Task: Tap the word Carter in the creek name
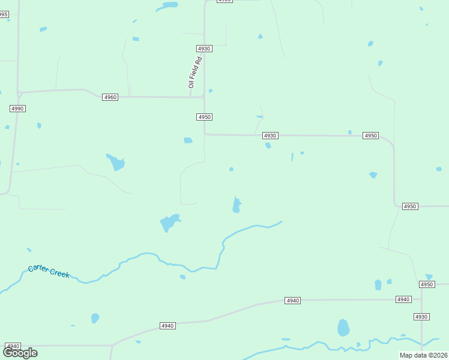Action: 39,269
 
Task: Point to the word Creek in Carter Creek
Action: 60,274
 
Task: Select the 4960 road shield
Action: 110,97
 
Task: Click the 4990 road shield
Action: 17,108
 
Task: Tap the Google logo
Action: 20,353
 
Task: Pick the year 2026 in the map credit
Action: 438,355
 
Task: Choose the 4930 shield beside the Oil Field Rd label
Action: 204,48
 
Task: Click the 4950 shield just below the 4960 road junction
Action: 204,117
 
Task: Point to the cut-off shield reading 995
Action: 4,14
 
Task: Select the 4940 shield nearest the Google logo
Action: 13,346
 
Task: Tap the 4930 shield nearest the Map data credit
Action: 421,316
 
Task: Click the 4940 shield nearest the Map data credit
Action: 403,299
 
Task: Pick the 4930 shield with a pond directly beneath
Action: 270,136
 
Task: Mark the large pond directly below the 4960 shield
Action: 116,162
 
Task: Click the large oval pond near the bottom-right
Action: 343,328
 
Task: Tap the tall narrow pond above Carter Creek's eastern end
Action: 237,205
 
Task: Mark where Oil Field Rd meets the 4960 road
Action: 190,97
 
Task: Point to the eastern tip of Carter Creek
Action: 282,221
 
